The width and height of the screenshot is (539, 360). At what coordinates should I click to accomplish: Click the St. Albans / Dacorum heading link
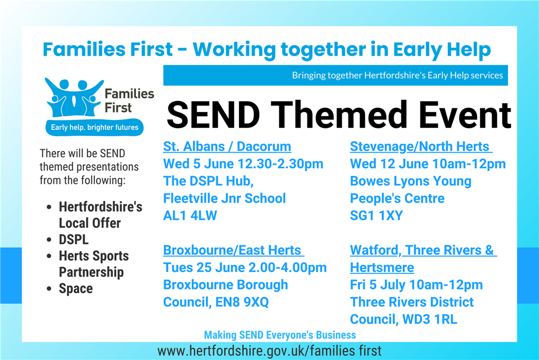(x=227, y=147)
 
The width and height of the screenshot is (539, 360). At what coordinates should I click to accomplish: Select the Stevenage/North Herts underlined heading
(x=421, y=147)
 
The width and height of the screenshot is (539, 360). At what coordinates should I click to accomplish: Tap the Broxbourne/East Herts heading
(x=233, y=251)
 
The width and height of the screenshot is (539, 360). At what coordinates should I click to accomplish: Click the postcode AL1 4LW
(x=190, y=216)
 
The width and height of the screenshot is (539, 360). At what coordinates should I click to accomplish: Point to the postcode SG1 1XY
(x=376, y=216)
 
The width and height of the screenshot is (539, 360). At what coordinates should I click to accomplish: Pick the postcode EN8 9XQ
(x=242, y=302)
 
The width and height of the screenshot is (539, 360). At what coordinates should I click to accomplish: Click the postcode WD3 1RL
(x=430, y=319)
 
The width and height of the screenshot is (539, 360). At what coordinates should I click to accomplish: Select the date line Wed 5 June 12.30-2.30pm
(x=243, y=164)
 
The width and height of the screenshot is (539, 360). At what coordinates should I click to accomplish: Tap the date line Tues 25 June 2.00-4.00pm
(x=245, y=267)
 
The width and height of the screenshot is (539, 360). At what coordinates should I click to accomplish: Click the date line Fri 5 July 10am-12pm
(x=416, y=285)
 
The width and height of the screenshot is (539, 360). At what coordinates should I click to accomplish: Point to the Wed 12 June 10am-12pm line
(x=427, y=164)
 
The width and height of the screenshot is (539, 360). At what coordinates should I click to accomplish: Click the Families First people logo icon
(x=74, y=98)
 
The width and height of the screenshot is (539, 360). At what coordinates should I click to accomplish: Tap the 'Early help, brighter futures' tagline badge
(x=95, y=127)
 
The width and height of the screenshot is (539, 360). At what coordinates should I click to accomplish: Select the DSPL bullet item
(x=74, y=239)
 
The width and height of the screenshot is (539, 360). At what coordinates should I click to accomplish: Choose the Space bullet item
(x=76, y=288)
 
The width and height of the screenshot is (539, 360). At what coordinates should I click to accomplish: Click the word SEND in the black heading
(x=213, y=115)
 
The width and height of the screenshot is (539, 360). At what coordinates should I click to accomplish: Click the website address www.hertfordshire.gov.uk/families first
(x=269, y=351)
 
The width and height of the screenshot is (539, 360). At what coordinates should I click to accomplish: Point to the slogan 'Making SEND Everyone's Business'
(x=280, y=335)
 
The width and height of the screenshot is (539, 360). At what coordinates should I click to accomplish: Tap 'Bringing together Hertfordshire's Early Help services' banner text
(x=397, y=75)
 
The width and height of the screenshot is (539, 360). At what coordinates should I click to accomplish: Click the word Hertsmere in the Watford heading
(x=382, y=267)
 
